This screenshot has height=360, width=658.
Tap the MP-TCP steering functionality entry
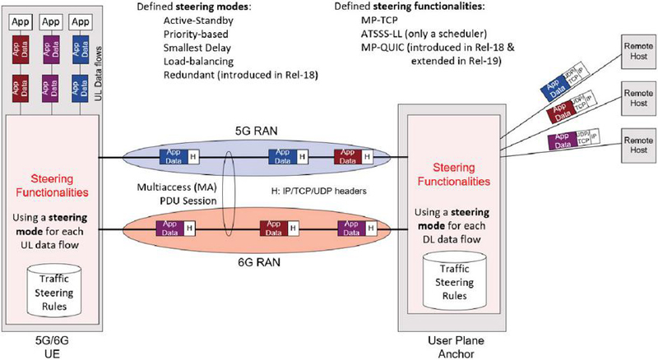[381, 21]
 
